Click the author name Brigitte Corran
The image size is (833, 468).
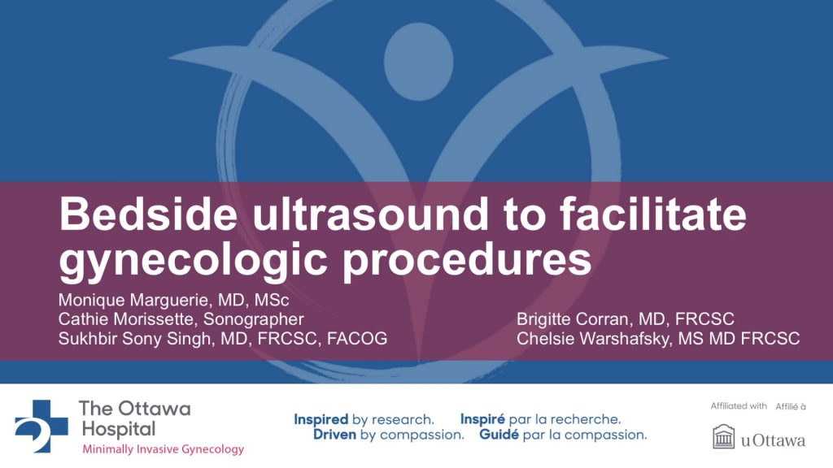tap(569, 319)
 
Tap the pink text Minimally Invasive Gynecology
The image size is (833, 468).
tap(162, 449)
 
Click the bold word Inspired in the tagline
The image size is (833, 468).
tap(321, 419)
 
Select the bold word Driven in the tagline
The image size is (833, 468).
tap(336, 435)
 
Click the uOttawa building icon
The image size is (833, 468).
tap(722, 438)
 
